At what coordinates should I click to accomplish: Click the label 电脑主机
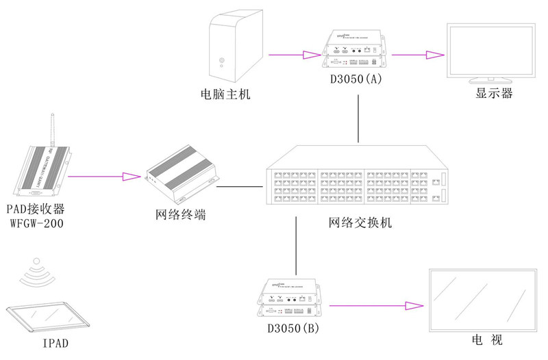click(225, 94)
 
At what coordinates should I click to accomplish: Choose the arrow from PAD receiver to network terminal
click(103, 177)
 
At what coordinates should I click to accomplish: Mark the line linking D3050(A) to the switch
click(360, 119)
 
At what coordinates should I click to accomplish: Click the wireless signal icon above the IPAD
click(38, 273)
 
